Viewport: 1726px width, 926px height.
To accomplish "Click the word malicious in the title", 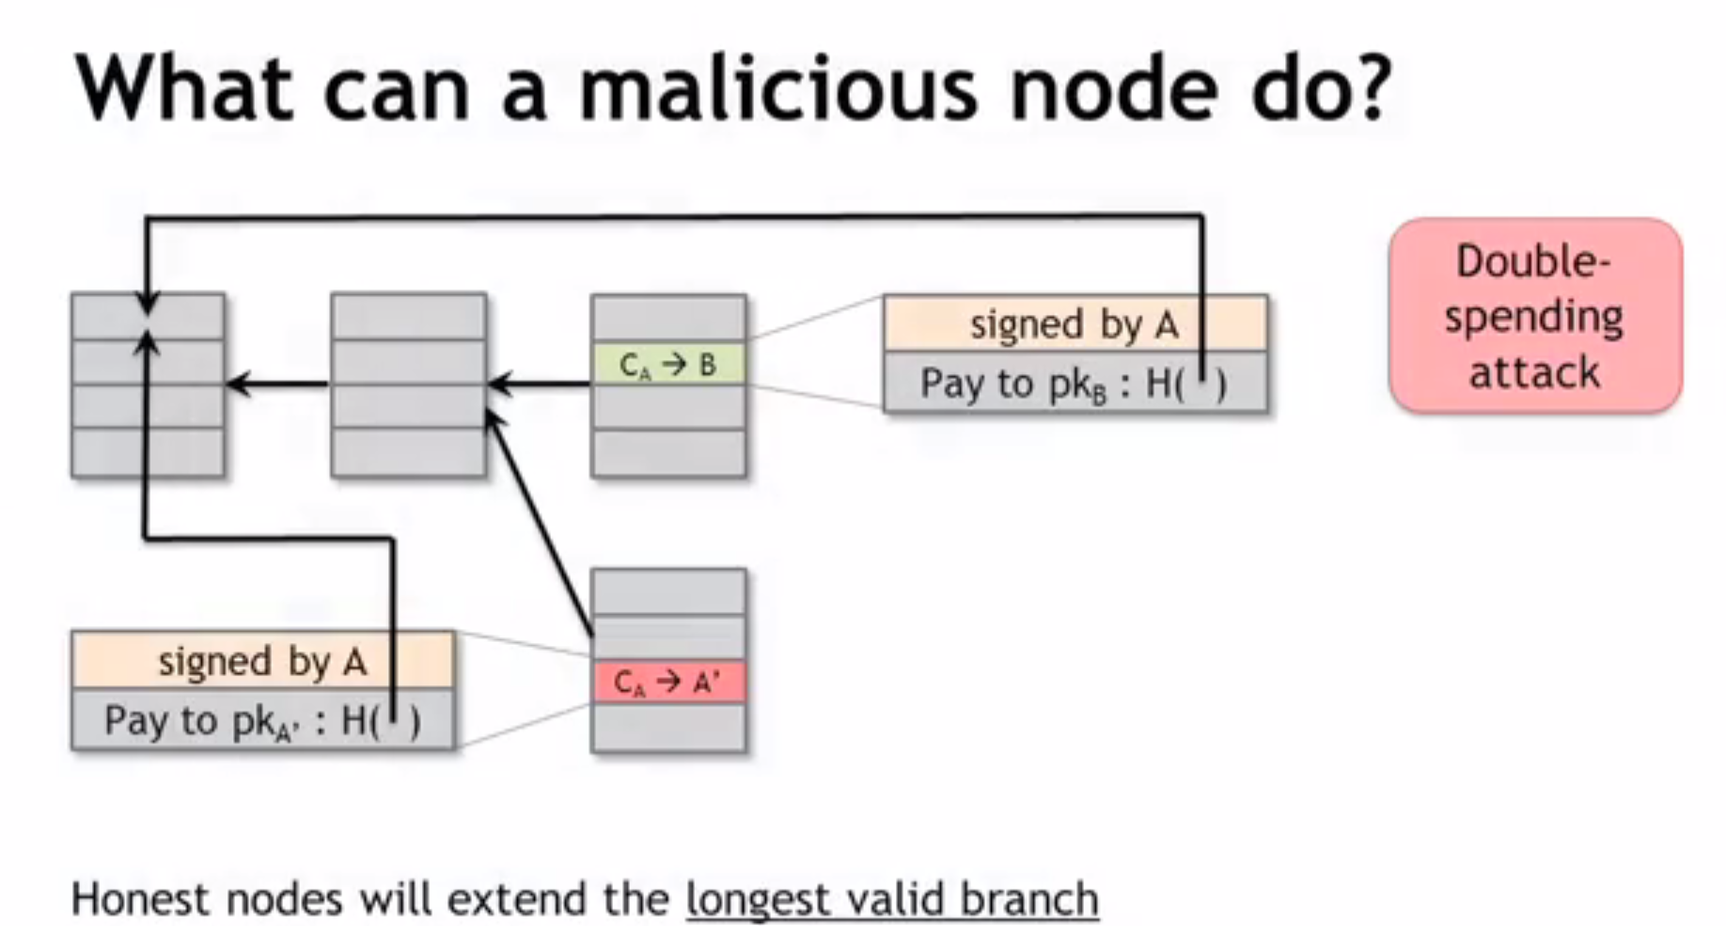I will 778,90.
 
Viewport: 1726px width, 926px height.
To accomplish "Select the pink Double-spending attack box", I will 1534,316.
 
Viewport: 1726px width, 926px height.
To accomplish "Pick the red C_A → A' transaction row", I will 668,682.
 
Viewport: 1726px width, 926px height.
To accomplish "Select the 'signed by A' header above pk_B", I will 1074,325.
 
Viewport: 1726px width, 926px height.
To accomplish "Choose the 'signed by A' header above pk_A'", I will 261,662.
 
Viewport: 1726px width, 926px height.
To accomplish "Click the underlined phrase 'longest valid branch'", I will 891,899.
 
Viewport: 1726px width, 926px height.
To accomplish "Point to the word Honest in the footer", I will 137,899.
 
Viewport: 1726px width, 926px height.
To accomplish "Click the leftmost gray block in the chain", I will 148,404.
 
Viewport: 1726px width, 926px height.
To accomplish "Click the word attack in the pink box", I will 1534,372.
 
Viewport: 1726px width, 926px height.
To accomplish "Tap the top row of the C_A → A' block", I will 668,591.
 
